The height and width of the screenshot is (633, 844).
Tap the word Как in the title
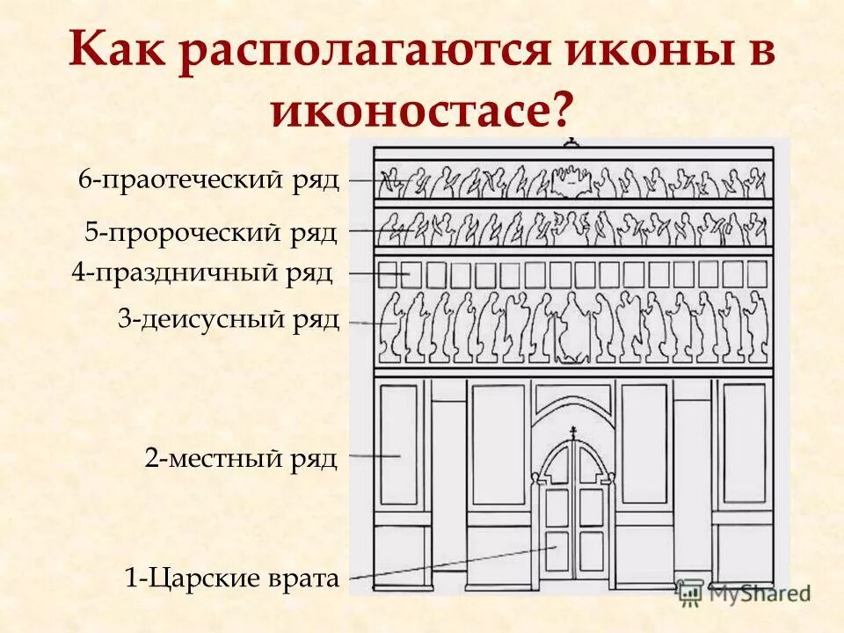123,53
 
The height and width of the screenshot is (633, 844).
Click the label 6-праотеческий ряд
209,179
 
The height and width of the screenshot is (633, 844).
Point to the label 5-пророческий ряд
211,232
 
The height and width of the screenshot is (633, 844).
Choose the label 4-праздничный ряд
202,273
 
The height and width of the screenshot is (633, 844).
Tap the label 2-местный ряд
241,458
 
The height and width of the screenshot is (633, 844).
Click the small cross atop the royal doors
574,432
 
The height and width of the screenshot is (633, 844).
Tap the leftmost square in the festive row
387,274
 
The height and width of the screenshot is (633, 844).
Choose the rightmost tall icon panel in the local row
745,442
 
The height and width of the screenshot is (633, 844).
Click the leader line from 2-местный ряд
374,456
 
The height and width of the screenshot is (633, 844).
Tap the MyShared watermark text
756,593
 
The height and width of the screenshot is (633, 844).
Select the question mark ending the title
560,110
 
